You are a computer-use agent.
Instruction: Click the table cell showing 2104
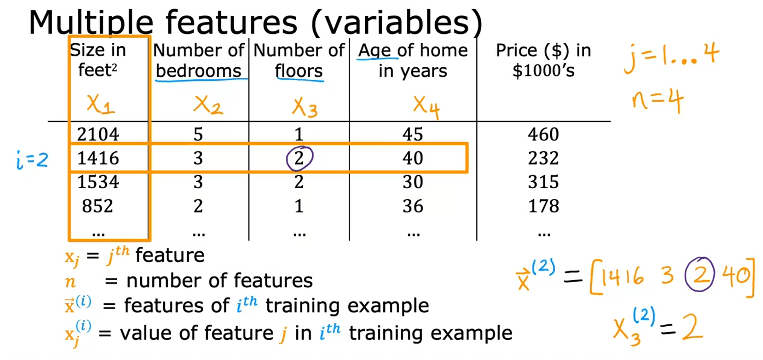coord(98,134)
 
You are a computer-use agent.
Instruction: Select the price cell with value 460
coord(543,134)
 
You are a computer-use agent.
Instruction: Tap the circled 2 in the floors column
coord(299,158)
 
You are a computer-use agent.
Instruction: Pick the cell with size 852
coord(98,206)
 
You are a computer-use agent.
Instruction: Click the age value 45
coord(413,134)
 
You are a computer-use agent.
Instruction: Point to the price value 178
coord(543,206)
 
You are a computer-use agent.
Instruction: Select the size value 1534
coord(98,182)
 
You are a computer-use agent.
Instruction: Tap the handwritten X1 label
coord(100,104)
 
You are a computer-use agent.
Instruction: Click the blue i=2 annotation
coord(32,160)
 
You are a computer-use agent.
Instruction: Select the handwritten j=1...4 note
coord(671,57)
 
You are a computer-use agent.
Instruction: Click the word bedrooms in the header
coord(198,71)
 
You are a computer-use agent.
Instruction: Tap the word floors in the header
coord(299,71)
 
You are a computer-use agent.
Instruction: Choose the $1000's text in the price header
coord(543,71)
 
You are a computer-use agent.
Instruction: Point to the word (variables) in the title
coord(397,22)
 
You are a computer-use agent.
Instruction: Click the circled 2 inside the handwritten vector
coord(700,275)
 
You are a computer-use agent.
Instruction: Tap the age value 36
coord(413,206)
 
